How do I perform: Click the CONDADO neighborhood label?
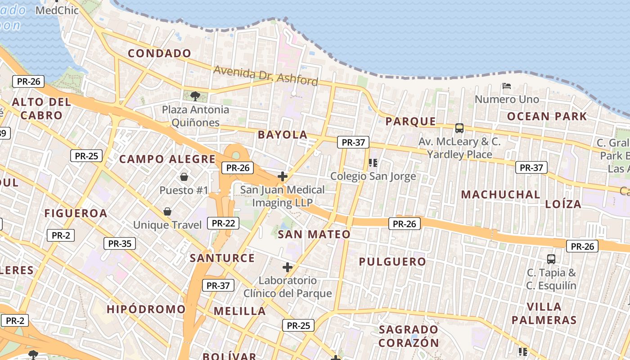click(160, 54)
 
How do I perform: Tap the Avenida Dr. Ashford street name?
click(265, 76)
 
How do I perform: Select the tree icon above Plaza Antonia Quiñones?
click(195, 96)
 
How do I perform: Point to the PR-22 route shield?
click(224, 223)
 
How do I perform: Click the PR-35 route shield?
click(119, 244)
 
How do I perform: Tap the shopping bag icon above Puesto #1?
click(184, 176)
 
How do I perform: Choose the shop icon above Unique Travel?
click(167, 211)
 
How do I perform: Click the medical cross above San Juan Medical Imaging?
click(283, 176)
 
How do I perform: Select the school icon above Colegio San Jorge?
click(373, 162)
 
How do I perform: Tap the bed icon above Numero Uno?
click(507, 85)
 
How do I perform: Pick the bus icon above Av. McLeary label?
click(459, 128)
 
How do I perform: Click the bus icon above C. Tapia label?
click(551, 259)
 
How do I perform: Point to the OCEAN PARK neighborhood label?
click(547, 117)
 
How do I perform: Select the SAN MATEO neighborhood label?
click(314, 234)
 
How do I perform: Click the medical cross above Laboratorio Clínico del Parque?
click(288, 267)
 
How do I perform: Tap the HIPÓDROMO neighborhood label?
click(146, 309)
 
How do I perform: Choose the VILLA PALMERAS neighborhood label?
click(544, 314)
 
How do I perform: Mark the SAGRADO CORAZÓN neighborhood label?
click(409, 336)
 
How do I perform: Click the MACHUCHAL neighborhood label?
click(501, 195)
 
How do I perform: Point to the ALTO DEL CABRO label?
click(41, 108)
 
